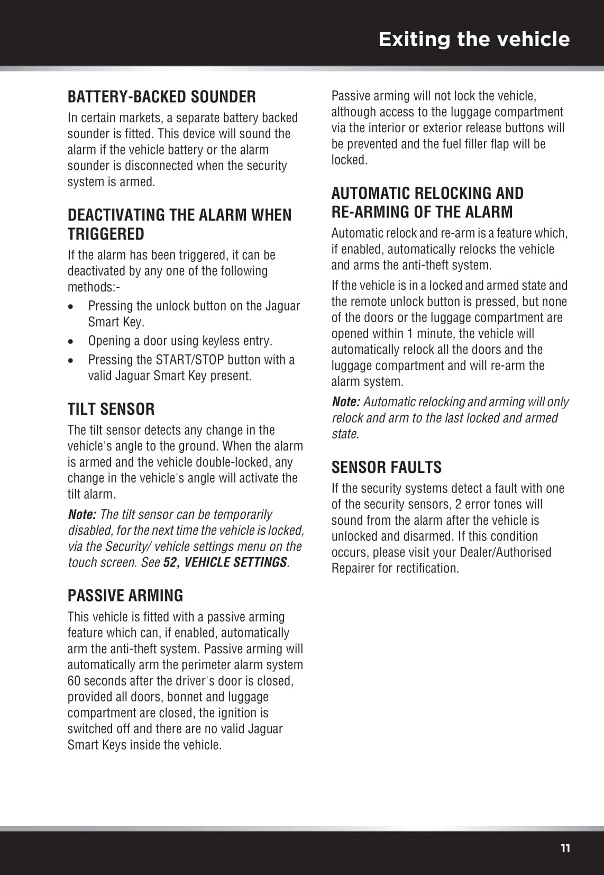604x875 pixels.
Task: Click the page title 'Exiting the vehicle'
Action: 474,39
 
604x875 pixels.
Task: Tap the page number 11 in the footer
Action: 565,848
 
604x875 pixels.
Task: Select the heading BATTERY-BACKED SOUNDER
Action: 161,97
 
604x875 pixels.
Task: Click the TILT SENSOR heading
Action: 111,409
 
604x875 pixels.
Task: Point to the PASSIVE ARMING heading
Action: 125,595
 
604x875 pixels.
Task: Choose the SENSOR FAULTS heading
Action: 386,467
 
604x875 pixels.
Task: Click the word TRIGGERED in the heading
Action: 106,234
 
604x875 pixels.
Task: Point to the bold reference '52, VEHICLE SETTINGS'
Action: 225,562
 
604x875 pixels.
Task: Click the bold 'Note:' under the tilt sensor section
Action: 81,514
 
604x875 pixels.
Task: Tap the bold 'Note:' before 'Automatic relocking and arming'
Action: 345,402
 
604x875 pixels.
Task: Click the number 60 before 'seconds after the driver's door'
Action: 75,681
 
